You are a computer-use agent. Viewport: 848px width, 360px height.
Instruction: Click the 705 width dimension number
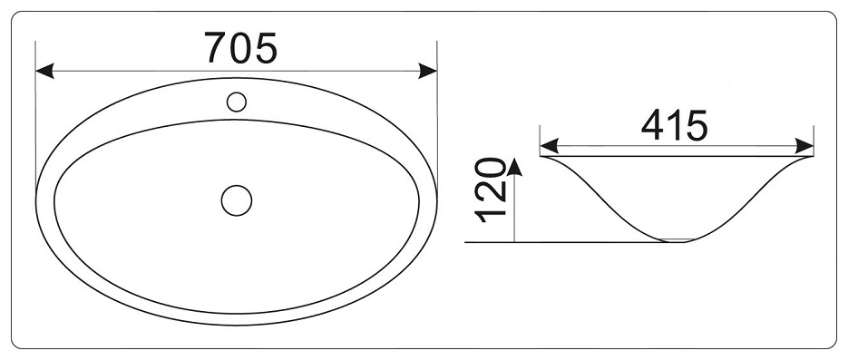click(240, 47)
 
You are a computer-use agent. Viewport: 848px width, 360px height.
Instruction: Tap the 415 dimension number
click(675, 125)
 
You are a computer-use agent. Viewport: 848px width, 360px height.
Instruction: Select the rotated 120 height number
click(490, 190)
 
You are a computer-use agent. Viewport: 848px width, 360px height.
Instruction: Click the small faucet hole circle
click(237, 102)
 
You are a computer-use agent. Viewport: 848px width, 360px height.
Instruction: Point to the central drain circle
click(237, 200)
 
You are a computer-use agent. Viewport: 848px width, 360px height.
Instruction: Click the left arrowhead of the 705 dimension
click(44, 71)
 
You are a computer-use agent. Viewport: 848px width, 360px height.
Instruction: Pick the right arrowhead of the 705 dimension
click(428, 71)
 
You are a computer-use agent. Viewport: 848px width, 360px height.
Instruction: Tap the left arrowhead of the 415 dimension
click(550, 146)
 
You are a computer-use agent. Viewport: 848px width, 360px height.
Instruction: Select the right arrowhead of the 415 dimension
click(804, 146)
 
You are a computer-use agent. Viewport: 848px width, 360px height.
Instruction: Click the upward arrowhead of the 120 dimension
click(514, 167)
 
